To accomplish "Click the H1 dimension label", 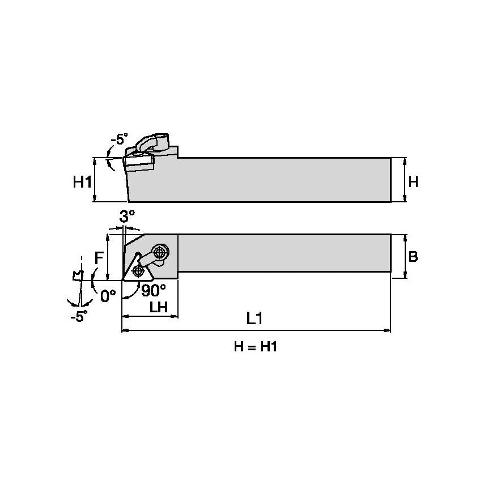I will [x=82, y=182].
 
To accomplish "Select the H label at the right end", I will [x=413, y=182].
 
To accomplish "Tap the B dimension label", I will [x=413, y=257].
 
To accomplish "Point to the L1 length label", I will [x=254, y=319].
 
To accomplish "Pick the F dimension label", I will [x=99, y=257].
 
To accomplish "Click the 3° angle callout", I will [x=128, y=216].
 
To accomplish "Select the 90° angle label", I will [x=153, y=290].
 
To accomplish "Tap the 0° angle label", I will [x=108, y=295].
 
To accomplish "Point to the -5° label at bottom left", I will [x=79, y=316].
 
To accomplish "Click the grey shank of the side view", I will [x=283, y=180].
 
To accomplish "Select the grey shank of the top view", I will [x=283, y=257].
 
